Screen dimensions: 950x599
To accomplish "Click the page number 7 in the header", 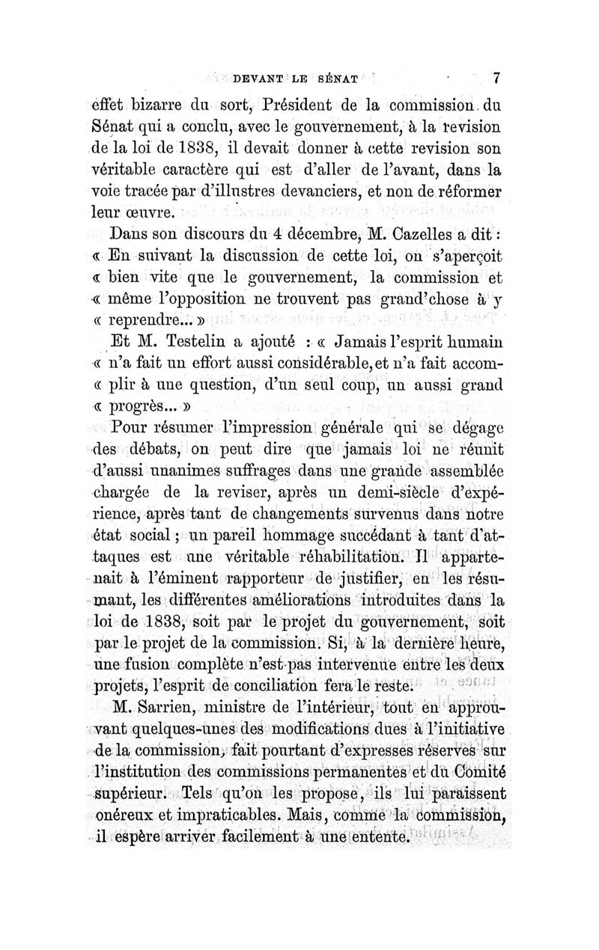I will click(x=496, y=76).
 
